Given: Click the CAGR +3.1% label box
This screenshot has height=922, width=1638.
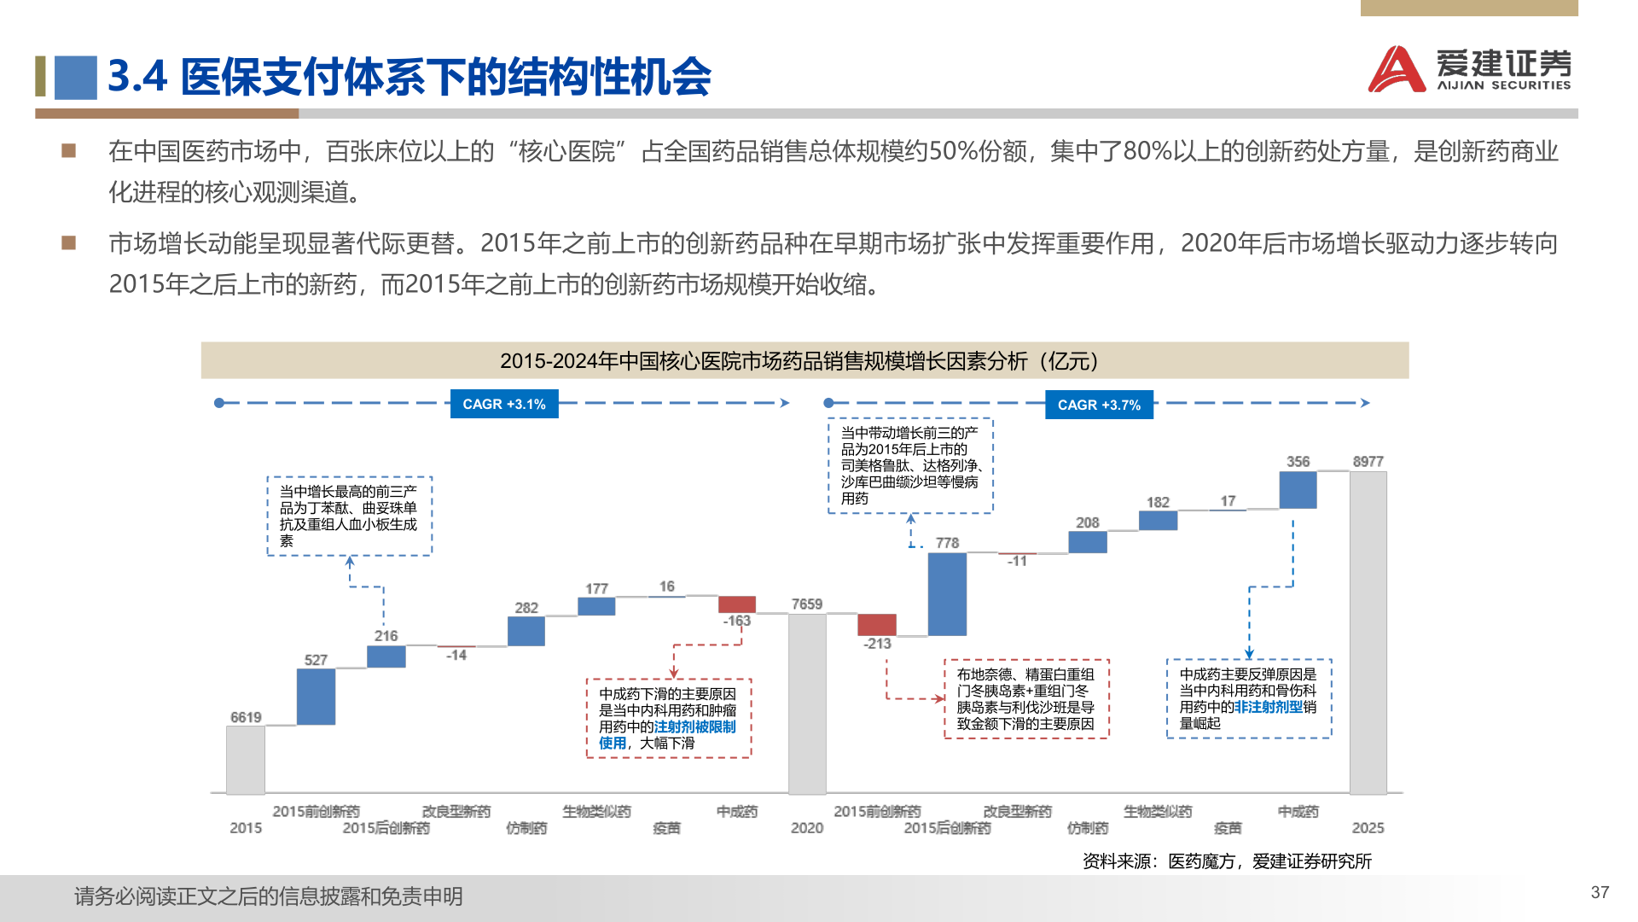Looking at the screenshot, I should click(x=504, y=404).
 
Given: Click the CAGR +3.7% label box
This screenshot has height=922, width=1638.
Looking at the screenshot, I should click(x=1099, y=405).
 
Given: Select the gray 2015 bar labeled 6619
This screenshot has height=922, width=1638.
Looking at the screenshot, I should click(x=246, y=759).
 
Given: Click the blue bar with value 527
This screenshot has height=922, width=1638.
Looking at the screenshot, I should click(x=316, y=697).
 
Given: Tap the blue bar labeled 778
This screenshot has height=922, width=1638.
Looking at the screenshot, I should click(x=947, y=594).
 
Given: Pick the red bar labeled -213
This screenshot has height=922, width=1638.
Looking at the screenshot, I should click(x=877, y=624).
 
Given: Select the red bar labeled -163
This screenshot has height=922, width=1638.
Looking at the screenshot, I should click(x=737, y=604).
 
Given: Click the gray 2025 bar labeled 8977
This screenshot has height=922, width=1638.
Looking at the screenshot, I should click(x=1368, y=632).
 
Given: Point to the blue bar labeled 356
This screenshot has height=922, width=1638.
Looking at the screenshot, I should click(x=1298, y=489).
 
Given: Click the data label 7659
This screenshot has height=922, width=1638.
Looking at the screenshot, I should click(x=806, y=604).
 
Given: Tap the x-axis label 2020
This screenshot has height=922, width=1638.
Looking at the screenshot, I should click(x=806, y=828).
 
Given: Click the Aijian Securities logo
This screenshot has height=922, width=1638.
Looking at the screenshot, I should click(x=1469, y=68).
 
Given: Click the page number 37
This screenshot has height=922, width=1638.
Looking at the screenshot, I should click(x=1600, y=892).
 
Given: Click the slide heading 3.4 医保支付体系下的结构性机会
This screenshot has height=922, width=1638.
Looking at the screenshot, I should click(x=409, y=77).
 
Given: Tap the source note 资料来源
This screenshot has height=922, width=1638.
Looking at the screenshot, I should click(x=1226, y=861).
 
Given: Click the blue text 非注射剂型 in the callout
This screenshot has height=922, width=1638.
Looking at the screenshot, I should click(x=1269, y=707).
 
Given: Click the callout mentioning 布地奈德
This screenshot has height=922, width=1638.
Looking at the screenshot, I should click(x=1025, y=698).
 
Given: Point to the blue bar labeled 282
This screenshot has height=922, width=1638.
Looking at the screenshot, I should click(x=526, y=631).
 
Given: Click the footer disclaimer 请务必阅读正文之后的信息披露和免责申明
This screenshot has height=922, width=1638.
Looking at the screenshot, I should click(x=269, y=896).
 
